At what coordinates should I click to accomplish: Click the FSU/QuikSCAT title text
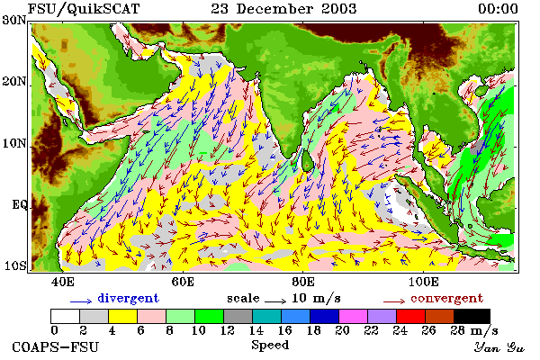click(x=84, y=9)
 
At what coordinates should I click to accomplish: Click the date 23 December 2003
click(x=283, y=9)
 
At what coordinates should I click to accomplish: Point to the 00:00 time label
click(x=498, y=9)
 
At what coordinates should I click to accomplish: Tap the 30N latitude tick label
click(x=14, y=20)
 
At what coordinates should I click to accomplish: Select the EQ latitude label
click(x=19, y=204)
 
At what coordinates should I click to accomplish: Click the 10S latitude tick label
click(x=14, y=265)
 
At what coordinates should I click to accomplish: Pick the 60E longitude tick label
click(x=183, y=282)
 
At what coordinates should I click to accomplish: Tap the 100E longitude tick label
click(x=423, y=282)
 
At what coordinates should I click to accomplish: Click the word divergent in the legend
click(x=128, y=298)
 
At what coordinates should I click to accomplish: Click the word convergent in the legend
click(x=446, y=298)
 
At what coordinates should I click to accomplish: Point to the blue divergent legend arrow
click(x=81, y=301)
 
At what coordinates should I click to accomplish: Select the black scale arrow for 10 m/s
click(x=275, y=301)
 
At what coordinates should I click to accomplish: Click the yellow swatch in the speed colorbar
click(x=123, y=316)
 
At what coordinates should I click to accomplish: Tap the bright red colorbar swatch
click(x=410, y=316)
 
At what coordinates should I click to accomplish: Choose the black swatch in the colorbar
click(x=472, y=316)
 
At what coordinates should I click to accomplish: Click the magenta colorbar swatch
click(x=353, y=316)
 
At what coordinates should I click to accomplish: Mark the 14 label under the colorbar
click(x=256, y=330)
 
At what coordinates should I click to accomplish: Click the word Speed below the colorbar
click(x=270, y=345)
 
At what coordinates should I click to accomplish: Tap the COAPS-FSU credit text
click(x=55, y=346)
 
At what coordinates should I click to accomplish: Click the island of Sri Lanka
click(x=307, y=161)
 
